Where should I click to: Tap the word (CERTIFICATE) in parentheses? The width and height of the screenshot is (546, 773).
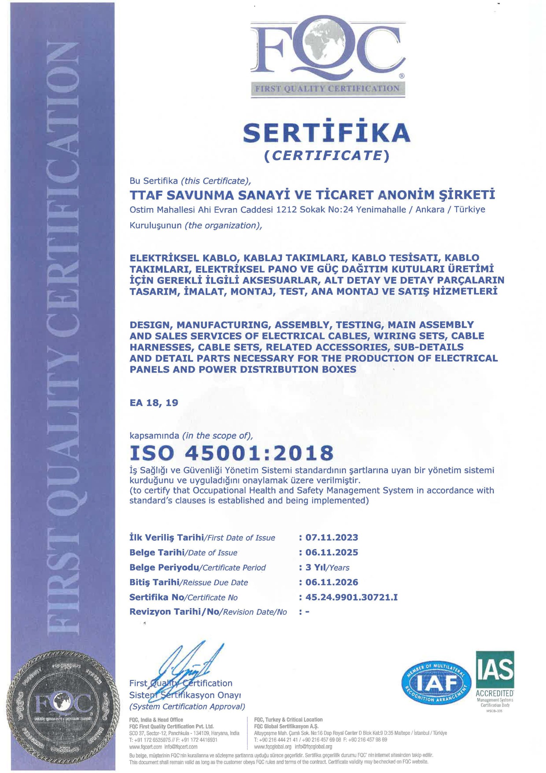pos(326,156)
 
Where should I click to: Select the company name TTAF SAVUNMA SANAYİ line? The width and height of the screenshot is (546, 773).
pos(313,195)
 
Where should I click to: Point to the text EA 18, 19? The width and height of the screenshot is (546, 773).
pos(154,403)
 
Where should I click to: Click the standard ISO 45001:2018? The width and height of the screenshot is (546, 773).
pos(231,453)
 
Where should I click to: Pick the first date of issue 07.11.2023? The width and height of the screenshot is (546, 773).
pos(331,537)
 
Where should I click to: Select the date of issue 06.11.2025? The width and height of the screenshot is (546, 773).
pos(331,552)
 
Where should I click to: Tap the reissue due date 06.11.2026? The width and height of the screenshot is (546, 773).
pos(331,582)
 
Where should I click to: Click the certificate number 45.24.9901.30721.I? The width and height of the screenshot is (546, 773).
pos(351,597)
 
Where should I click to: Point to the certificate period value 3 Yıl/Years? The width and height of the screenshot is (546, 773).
pos(327,567)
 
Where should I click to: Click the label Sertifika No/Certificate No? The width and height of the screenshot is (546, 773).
pos(183,597)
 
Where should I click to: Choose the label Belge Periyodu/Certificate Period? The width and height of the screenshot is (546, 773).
pos(198,567)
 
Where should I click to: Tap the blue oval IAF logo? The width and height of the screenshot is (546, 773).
pos(436,683)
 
